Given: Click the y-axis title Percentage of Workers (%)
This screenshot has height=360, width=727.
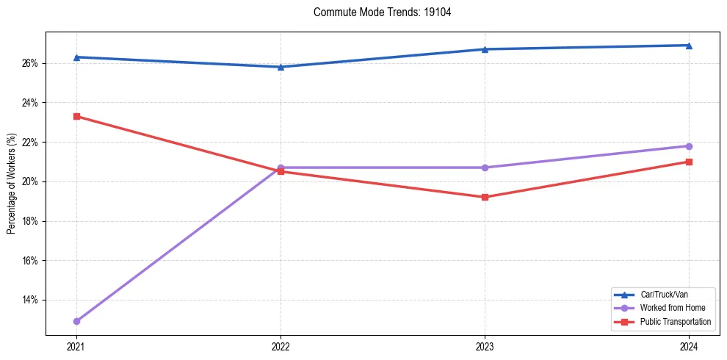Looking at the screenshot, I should point(12,184).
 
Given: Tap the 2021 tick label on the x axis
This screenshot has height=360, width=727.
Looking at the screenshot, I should point(76,345).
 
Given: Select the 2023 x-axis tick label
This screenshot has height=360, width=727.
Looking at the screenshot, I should point(485,345).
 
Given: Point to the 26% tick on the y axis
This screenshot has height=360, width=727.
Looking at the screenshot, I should point(31,63).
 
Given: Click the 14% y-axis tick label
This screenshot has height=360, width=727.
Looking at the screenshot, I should point(31,300).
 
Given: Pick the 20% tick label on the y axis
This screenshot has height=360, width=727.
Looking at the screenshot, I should point(31,181).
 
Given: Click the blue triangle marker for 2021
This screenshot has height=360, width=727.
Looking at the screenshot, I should point(76,57).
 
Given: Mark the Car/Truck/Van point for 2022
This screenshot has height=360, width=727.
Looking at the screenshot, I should point(281,67).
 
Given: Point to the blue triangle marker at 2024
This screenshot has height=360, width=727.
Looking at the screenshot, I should point(689,46).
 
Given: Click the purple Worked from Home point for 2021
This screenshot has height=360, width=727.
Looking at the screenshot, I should point(76,321).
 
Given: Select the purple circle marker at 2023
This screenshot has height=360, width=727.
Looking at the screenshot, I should point(485,168).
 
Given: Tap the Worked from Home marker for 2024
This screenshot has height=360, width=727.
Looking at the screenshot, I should point(689,146).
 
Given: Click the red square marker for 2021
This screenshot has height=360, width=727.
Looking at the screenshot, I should point(76,116).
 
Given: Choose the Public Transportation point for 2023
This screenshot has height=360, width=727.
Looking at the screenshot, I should point(485,197).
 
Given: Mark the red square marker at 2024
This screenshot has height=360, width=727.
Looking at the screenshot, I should point(689,162).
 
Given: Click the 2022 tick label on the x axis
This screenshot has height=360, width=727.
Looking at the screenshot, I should point(281,345).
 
